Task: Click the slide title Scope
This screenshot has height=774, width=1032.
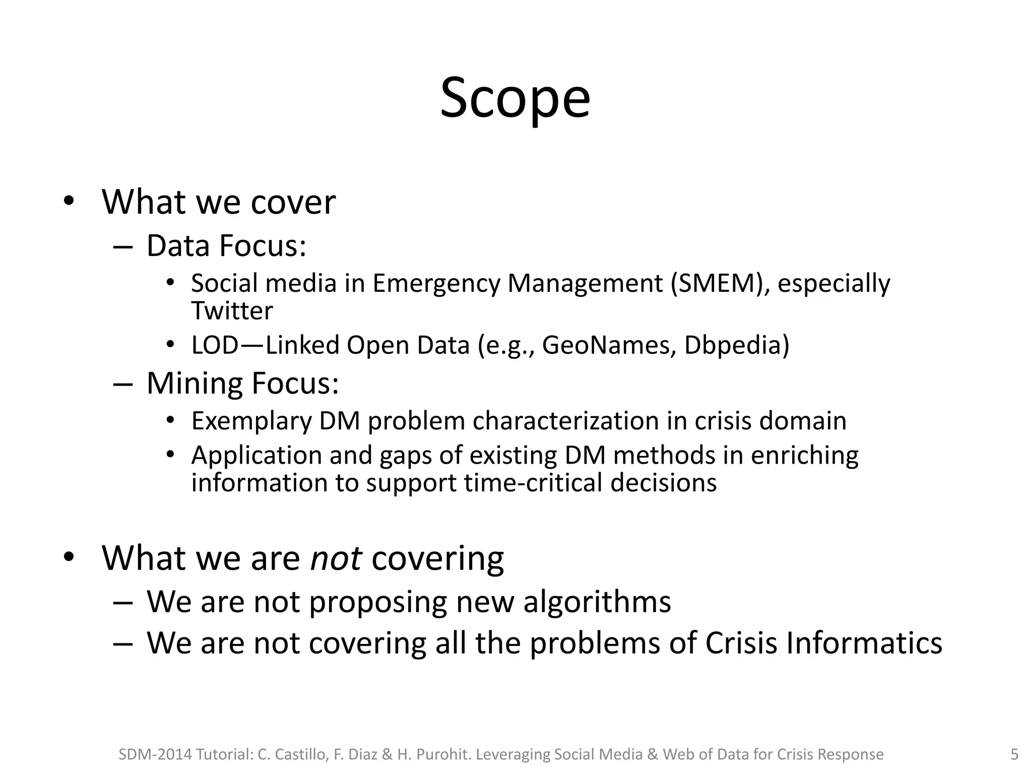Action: [x=515, y=98]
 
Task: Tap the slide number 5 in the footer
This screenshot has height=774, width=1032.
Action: [x=1014, y=754]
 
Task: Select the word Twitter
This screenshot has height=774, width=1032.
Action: [x=232, y=310]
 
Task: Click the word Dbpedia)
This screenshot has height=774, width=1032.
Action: [x=736, y=346]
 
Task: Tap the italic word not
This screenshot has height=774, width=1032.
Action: [x=336, y=558]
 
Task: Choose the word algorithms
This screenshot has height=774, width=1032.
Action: [x=597, y=602]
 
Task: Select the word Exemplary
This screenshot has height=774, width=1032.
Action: [x=251, y=421]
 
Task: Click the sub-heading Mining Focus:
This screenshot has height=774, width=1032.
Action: [x=242, y=383]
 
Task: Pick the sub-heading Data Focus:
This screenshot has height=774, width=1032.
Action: [x=226, y=246]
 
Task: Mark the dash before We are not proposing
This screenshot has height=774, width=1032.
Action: [x=122, y=602]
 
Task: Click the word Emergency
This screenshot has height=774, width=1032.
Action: [x=436, y=284]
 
